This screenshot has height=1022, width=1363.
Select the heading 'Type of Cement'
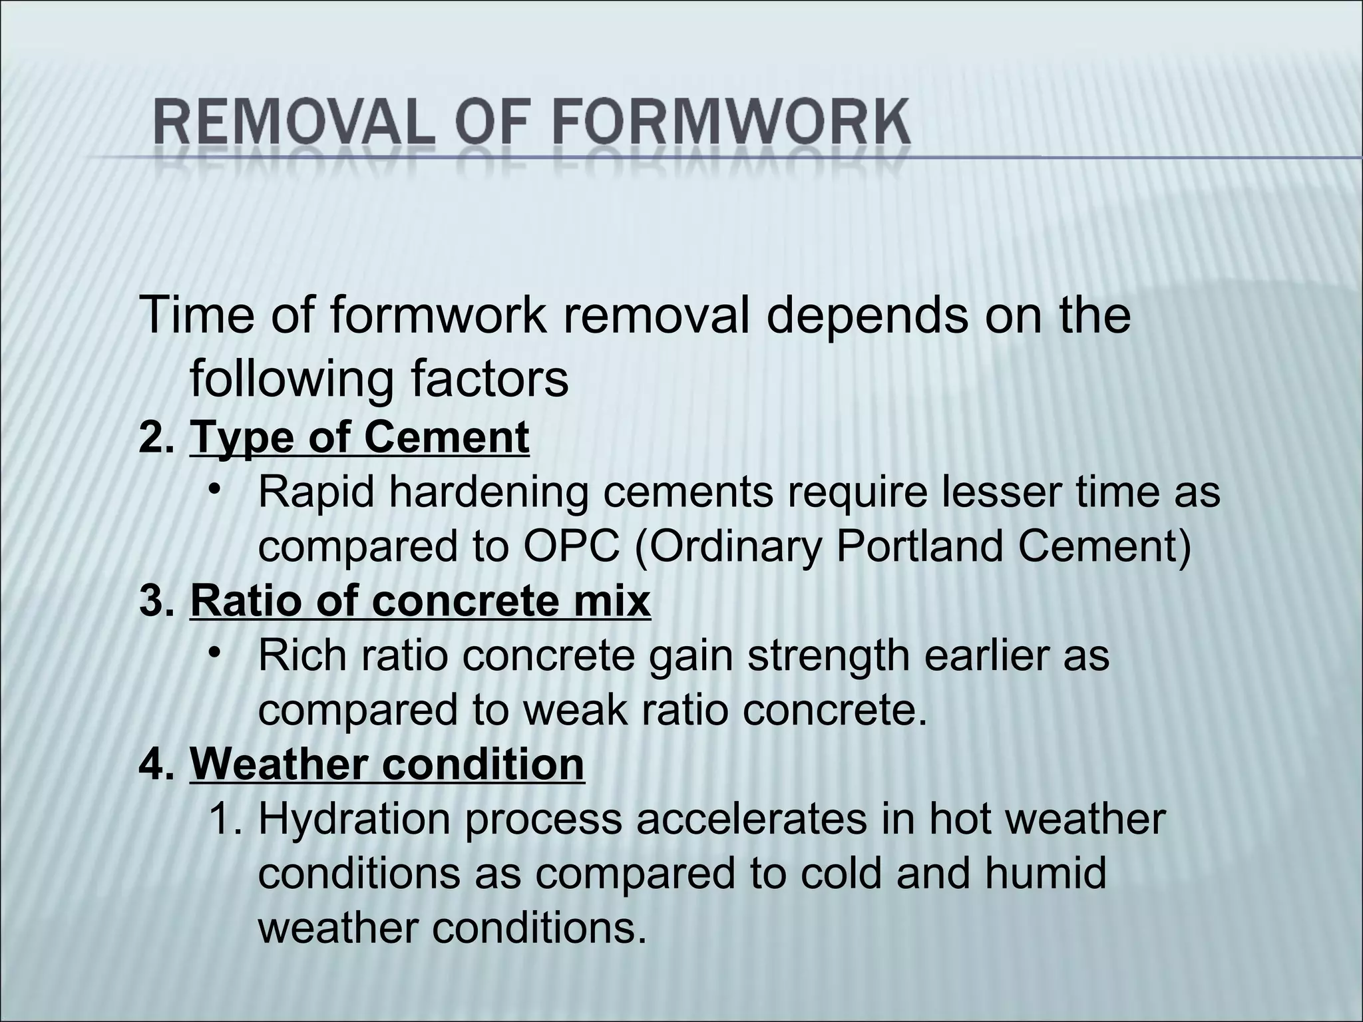coord(359,437)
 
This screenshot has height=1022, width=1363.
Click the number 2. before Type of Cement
coord(157,437)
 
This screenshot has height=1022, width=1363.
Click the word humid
coord(1046,873)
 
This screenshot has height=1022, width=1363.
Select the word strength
coord(829,655)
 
